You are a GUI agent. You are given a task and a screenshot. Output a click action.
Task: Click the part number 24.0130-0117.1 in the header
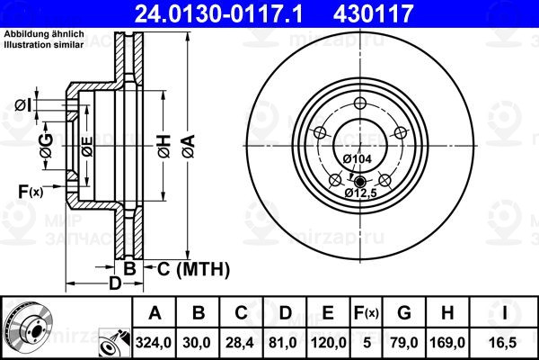point(218,13)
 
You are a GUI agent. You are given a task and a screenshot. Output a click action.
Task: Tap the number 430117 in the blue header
point(373,13)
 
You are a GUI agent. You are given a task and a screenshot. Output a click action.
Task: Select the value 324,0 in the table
point(154,343)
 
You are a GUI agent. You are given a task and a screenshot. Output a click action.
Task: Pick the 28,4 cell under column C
point(240,343)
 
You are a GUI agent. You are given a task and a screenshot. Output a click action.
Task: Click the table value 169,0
point(447,343)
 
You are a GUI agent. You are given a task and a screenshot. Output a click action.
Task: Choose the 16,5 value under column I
point(504,343)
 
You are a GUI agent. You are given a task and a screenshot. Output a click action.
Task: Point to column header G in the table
point(404,313)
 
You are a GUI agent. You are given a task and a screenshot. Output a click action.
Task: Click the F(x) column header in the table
point(367,313)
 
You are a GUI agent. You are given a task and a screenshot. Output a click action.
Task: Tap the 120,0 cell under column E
point(328,343)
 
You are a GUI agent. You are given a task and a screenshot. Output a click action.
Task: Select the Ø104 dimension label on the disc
point(358,158)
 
